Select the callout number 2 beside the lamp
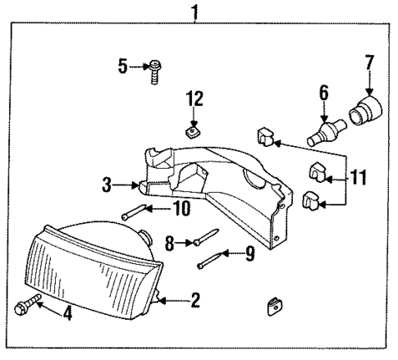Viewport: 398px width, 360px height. pyautogui.click(x=195, y=300)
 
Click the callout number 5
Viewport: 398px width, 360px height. pyautogui.click(x=123, y=66)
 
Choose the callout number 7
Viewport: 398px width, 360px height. pyautogui.click(x=368, y=62)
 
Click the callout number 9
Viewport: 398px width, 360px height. pyautogui.click(x=250, y=254)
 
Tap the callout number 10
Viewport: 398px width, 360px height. pyautogui.click(x=181, y=209)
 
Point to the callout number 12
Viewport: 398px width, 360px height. pyautogui.click(x=194, y=100)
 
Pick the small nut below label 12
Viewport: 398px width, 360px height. pyautogui.click(x=194, y=130)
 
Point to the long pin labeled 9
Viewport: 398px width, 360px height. pyautogui.click(x=211, y=262)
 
